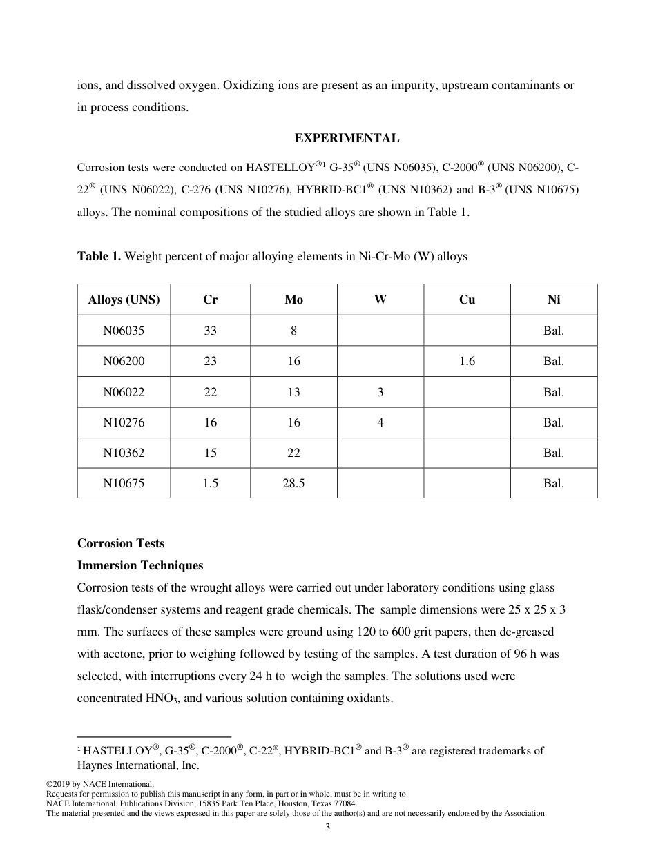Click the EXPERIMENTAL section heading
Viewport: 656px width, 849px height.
click(x=347, y=138)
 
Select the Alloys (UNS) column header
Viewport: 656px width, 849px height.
click(x=124, y=300)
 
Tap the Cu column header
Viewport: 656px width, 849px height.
click(x=467, y=300)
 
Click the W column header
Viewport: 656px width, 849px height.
click(x=380, y=300)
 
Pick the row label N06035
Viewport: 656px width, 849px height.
click(x=124, y=331)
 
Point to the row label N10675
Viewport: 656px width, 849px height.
click(x=124, y=483)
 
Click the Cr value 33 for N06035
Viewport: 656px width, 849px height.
click(x=210, y=331)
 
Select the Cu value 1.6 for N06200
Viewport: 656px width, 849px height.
click(x=467, y=361)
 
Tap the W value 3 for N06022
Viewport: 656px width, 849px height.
click(x=380, y=392)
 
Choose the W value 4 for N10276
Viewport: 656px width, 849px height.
click(x=380, y=422)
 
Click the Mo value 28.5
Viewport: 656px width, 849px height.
click(x=293, y=483)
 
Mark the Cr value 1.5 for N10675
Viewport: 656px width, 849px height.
click(x=210, y=483)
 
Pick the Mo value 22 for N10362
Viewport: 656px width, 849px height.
click(x=293, y=453)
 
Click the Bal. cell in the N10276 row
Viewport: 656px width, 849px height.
click(x=553, y=422)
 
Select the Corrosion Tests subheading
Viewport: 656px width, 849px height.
click(x=121, y=543)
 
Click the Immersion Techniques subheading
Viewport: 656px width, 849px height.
click(x=140, y=565)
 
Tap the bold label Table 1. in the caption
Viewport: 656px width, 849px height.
click(x=99, y=257)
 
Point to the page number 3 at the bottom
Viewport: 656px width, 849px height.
click(x=328, y=828)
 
